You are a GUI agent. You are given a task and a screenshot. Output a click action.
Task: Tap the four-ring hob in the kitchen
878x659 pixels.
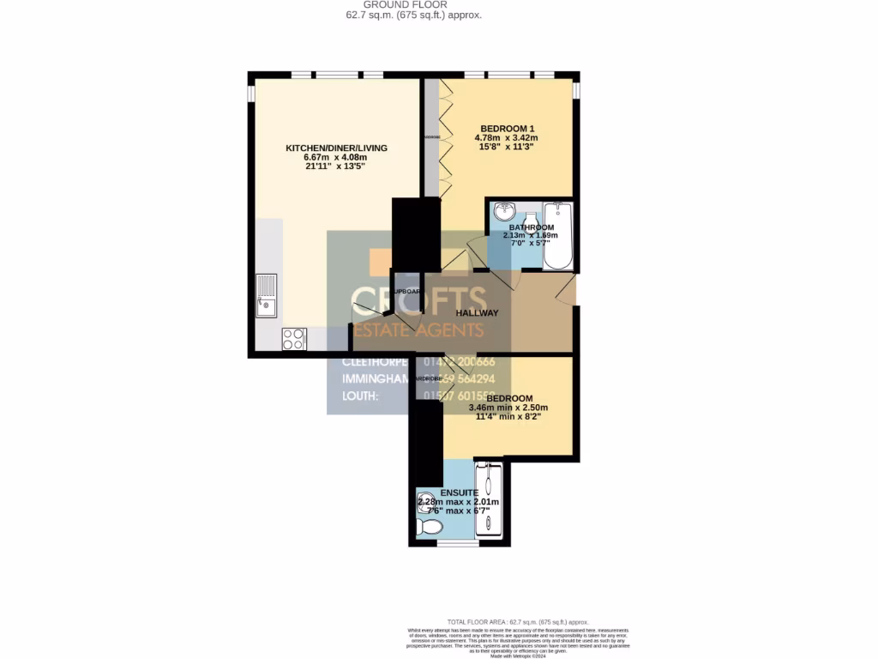[294, 339]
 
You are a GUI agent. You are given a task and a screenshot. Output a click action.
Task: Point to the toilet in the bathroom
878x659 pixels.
[530, 220]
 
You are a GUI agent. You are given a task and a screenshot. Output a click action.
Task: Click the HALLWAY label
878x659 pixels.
[477, 313]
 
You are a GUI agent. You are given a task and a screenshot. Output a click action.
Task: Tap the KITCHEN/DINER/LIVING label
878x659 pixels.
[336, 148]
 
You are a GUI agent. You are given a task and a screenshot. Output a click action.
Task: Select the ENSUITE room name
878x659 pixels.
[459, 493]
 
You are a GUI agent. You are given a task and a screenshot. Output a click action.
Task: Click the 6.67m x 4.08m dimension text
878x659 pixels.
[335, 158]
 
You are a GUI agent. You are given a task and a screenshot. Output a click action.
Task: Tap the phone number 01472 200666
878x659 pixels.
[467, 361]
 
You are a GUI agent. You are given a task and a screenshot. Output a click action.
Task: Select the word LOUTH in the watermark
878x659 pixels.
[360, 396]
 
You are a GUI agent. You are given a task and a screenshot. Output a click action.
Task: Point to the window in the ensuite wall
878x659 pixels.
[458, 544]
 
